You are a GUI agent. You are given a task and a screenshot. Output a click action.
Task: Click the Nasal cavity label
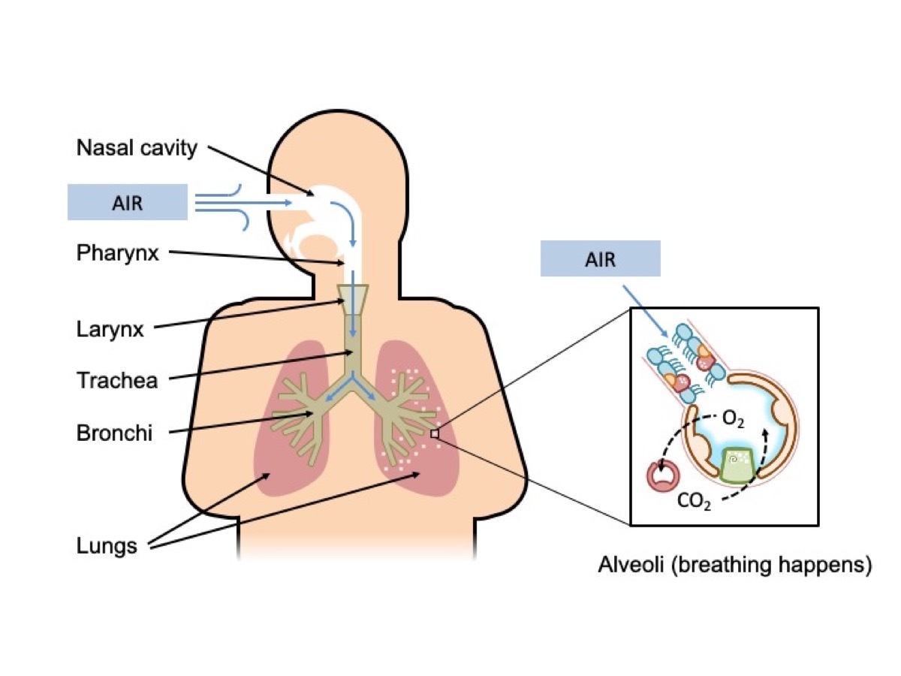[137, 147]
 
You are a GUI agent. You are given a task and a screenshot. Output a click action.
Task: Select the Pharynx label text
[118, 253]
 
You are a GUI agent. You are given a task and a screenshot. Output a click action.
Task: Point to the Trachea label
[117, 380]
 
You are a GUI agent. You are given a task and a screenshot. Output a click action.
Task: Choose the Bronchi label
[114, 433]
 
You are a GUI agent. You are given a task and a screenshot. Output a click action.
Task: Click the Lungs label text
[107, 545]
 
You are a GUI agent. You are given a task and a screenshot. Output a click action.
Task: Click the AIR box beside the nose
[128, 203]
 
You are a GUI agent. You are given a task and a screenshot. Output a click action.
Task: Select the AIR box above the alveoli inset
[600, 259]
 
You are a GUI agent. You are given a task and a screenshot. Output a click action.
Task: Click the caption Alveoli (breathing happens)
[734, 565]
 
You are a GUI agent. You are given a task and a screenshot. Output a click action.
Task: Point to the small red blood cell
[661, 475]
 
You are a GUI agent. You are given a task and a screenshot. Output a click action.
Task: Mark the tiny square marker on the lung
[434, 433]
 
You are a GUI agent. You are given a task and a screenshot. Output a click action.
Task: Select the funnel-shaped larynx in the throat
[353, 299]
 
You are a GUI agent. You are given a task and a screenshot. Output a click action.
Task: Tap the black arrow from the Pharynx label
[255, 258]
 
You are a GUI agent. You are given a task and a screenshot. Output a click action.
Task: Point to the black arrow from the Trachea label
[259, 366]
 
